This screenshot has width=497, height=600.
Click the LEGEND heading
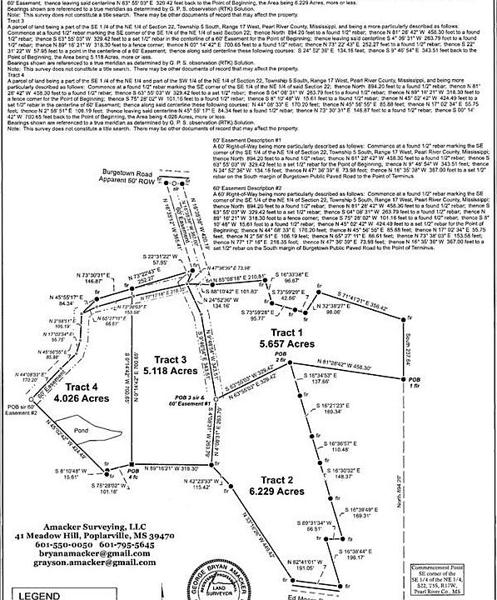click(40, 596)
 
